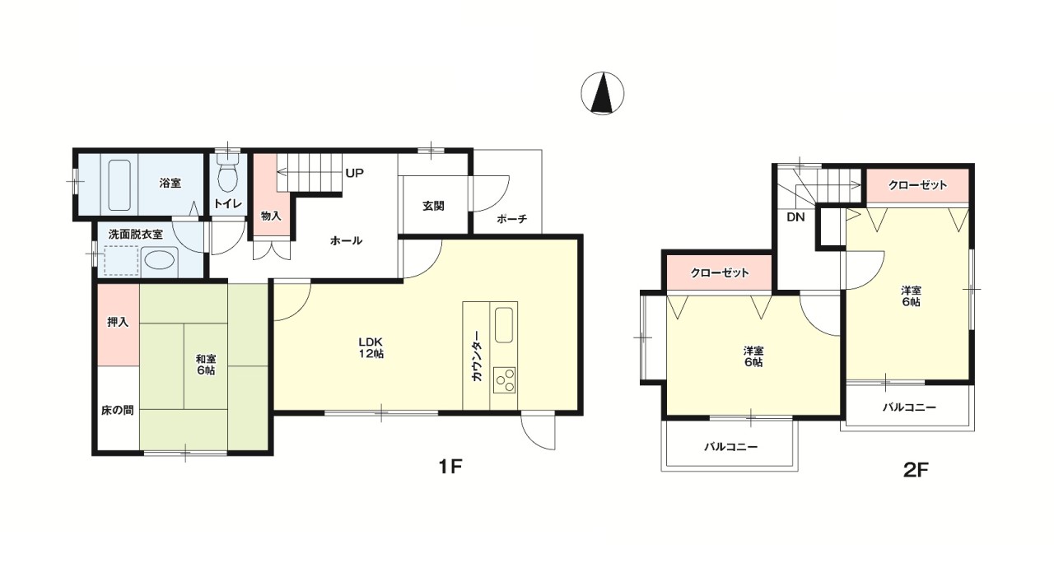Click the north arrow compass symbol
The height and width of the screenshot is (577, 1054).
pyautogui.click(x=602, y=93)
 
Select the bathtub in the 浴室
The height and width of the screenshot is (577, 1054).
pyautogui.click(x=119, y=185)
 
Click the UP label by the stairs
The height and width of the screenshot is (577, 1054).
pyautogui.click(x=355, y=173)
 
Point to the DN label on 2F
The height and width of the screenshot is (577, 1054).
pyautogui.click(x=795, y=217)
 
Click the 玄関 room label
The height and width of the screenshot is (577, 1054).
pyautogui.click(x=433, y=206)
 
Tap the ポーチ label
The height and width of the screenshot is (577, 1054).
pyautogui.click(x=512, y=219)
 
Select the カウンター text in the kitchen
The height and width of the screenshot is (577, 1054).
pyautogui.click(x=476, y=356)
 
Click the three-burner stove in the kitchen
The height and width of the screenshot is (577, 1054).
pyautogui.click(x=505, y=380)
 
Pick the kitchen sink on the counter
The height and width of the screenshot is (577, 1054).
pyautogui.click(x=504, y=325)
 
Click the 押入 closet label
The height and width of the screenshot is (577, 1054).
pyautogui.click(x=118, y=322)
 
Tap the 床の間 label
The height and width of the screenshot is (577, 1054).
pyautogui.click(x=117, y=411)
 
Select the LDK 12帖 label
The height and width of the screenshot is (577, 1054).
pyautogui.click(x=371, y=348)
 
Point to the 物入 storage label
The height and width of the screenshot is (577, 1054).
pyautogui.click(x=271, y=216)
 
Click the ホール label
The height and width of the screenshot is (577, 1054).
pyautogui.click(x=347, y=241)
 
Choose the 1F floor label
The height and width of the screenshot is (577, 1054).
pyautogui.click(x=450, y=467)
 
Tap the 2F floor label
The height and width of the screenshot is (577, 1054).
pyautogui.click(x=916, y=470)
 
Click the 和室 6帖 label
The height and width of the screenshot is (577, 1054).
pyautogui.click(x=206, y=365)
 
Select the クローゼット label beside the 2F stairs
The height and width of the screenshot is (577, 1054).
pyautogui.click(x=917, y=185)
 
